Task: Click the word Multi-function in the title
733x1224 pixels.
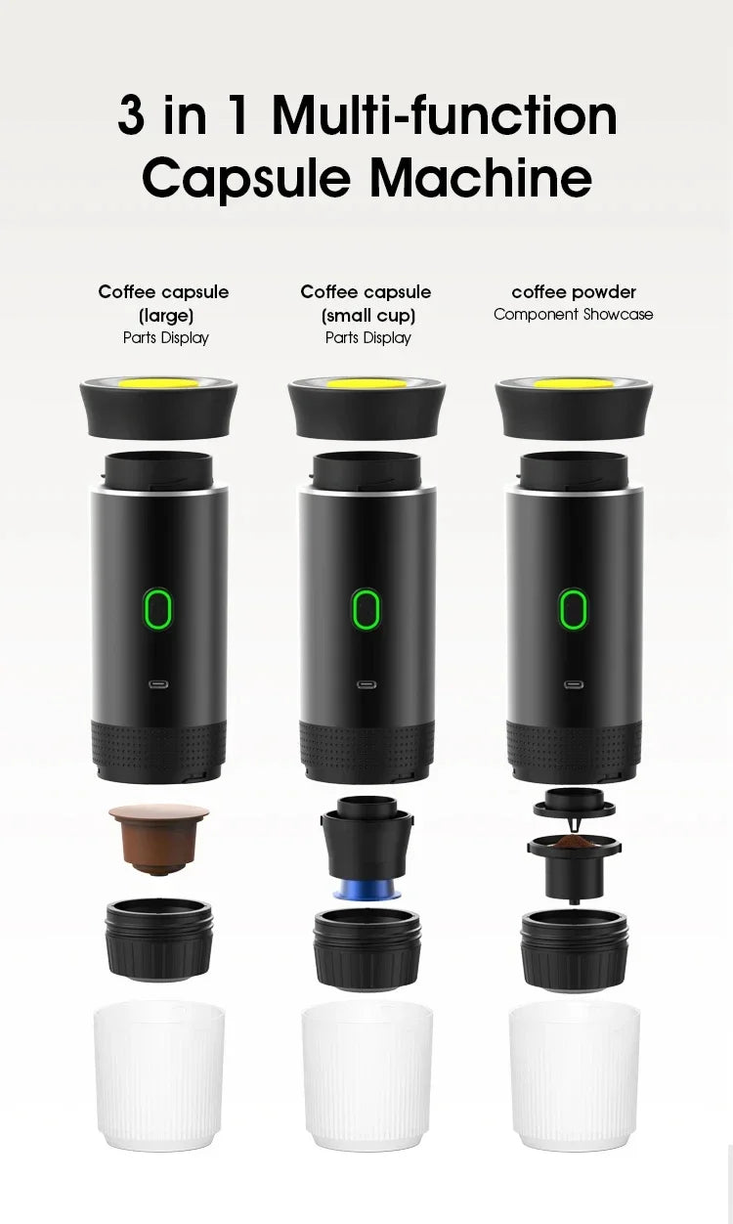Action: click(x=445, y=115)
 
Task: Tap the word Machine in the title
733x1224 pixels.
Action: click(x=466, y=179)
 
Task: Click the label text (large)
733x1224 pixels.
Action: click(x=165, y=315)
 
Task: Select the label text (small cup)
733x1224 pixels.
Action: click(x=367, y=315)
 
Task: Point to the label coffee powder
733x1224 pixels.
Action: click(x=574, y=291)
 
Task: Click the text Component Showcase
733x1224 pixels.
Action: click(x=574, y=314)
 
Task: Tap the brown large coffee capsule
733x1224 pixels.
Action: click(x=158, y=836)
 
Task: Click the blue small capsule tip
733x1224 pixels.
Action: click(x=366, y=891)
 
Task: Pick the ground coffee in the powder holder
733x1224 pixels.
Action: click(x=574, y=840)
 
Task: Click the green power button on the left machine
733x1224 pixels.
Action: click(x=158, y=608)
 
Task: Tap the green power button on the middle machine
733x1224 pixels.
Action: click(x=366, y=608)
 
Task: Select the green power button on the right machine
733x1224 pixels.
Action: click(x=574, y=608)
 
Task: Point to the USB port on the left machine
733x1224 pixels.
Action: click(x=158, y=683)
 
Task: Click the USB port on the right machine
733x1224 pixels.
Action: click(x=574, y=683)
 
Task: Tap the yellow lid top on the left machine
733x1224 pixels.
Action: click(x=158, y=382)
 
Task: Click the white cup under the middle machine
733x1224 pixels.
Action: click(x=366, y=1075)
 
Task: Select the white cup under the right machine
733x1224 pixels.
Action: click(x=575, y=1075)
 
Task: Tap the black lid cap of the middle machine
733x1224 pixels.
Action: click(x=366, y=411)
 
